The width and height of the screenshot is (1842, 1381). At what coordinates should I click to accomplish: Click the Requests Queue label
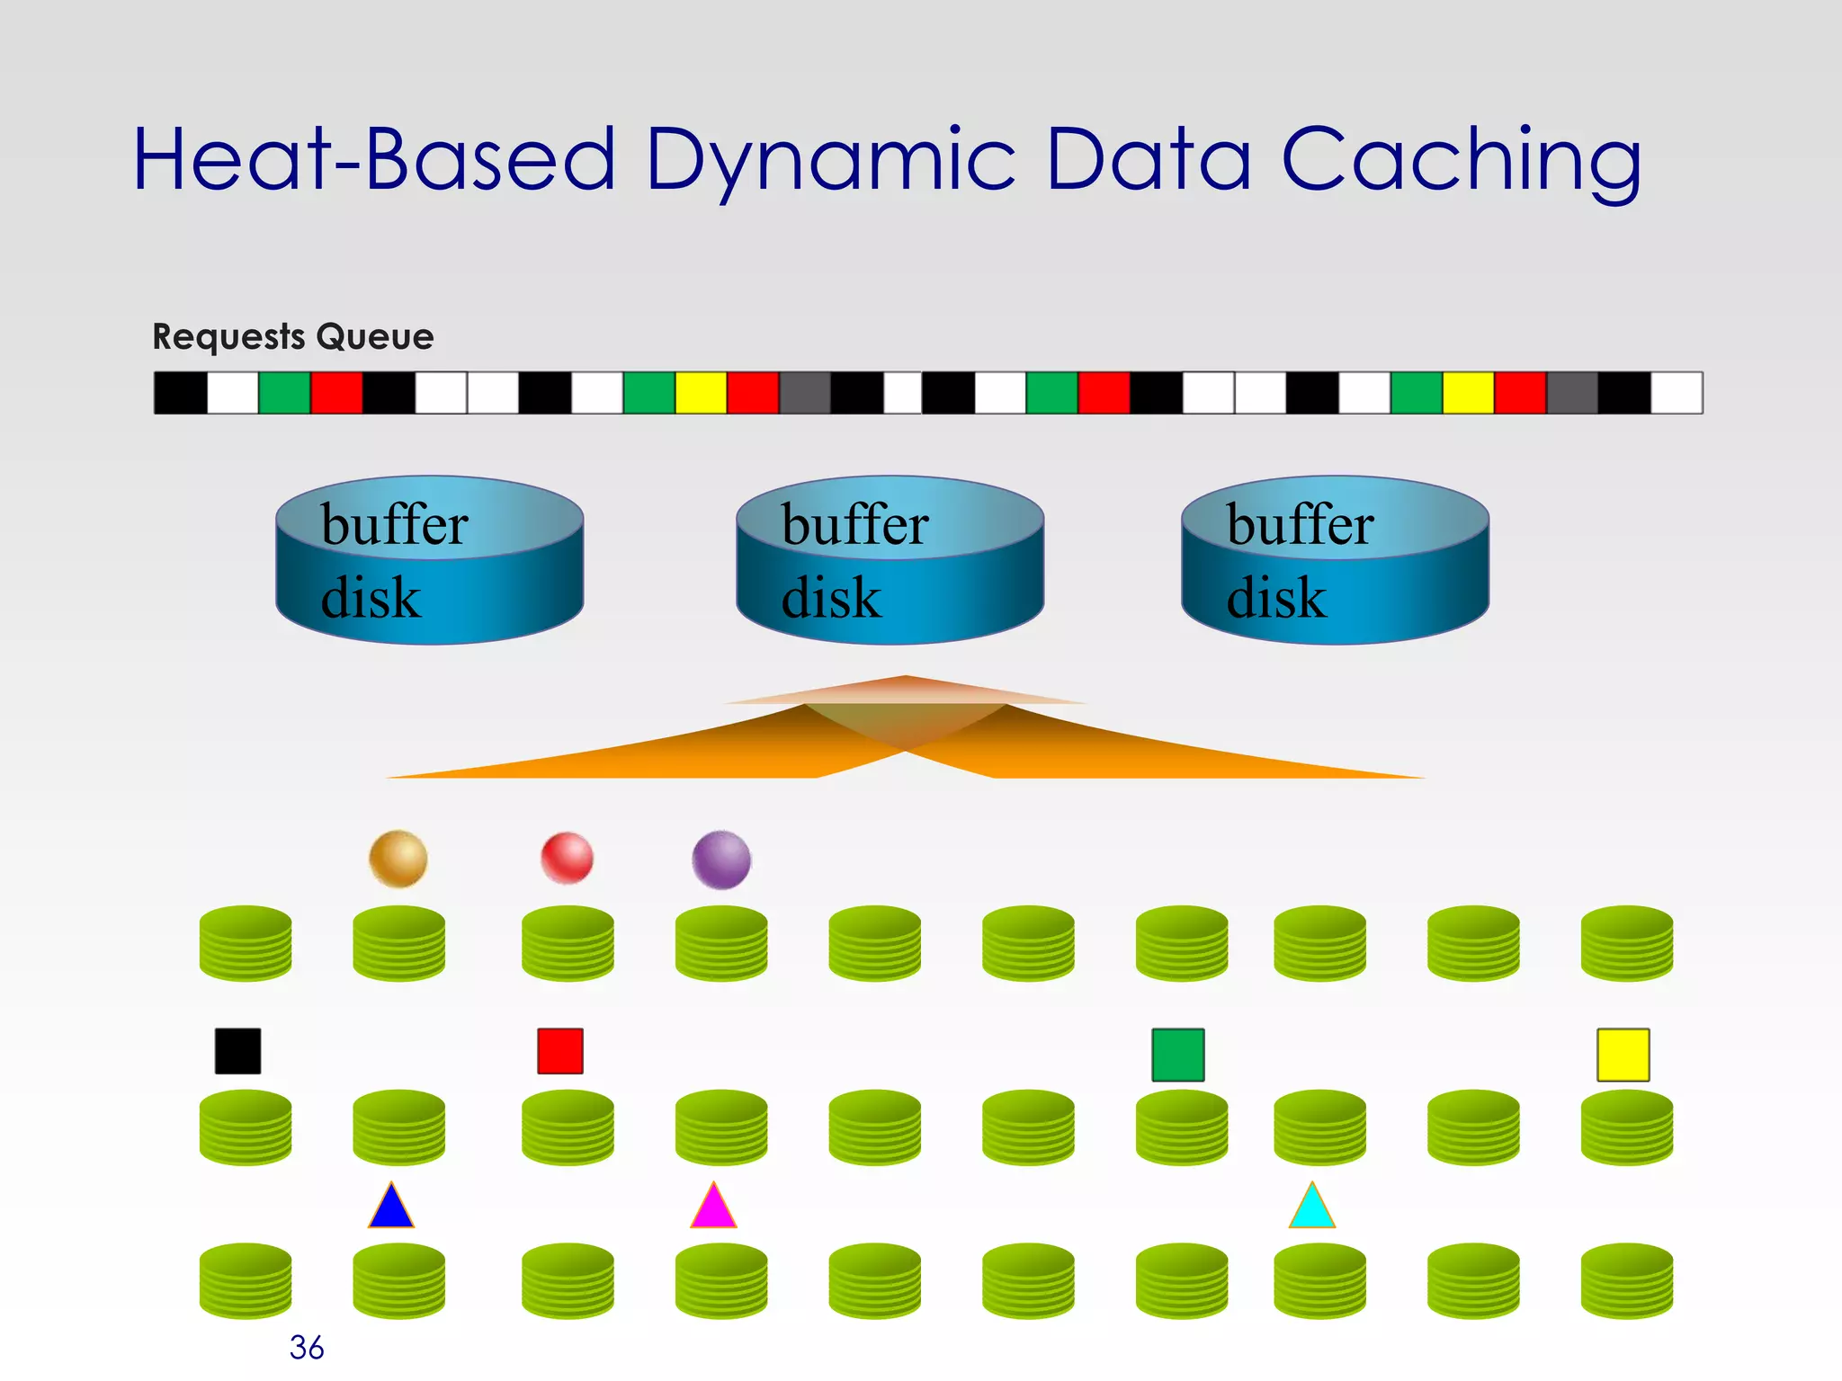pyautogui.click(x=292, y=336)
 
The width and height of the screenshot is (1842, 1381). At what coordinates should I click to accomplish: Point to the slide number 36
pyautogui.click(x=306, y=1347)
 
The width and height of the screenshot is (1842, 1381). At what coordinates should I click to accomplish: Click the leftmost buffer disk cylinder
pyautogui.click(x=429, y=560)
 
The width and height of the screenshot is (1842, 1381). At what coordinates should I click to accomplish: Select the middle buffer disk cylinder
pyautogui.click(x=890, y=560)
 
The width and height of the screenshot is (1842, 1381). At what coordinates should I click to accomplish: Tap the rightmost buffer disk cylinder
pyautogui.click(x=1335, y=560)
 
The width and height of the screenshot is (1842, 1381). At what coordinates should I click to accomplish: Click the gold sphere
pyautogui.click(x=398, y=859)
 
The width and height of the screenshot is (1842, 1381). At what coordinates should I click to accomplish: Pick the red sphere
pyautogui.click(x=567, y=858)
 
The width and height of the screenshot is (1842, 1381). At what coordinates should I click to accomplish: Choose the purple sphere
pyautogui.click(x=721, y=860)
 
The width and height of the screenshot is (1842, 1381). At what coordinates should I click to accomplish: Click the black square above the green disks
pyautogui.click(x=237, y=1051)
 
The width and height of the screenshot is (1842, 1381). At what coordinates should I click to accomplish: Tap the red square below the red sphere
pyautogui.click(x=559, y=1051)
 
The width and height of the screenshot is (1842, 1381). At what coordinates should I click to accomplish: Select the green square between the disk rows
pyautogui.click(x=1177, y=1055)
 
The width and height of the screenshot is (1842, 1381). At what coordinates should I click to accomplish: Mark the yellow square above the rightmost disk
pyautogui.click(x=1623, y=1055)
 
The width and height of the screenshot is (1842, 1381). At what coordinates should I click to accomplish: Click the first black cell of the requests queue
pyautogui.click(x=181, y=393)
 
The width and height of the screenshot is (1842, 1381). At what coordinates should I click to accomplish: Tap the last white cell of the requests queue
pyautogui.click(x=1677, y=393)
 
